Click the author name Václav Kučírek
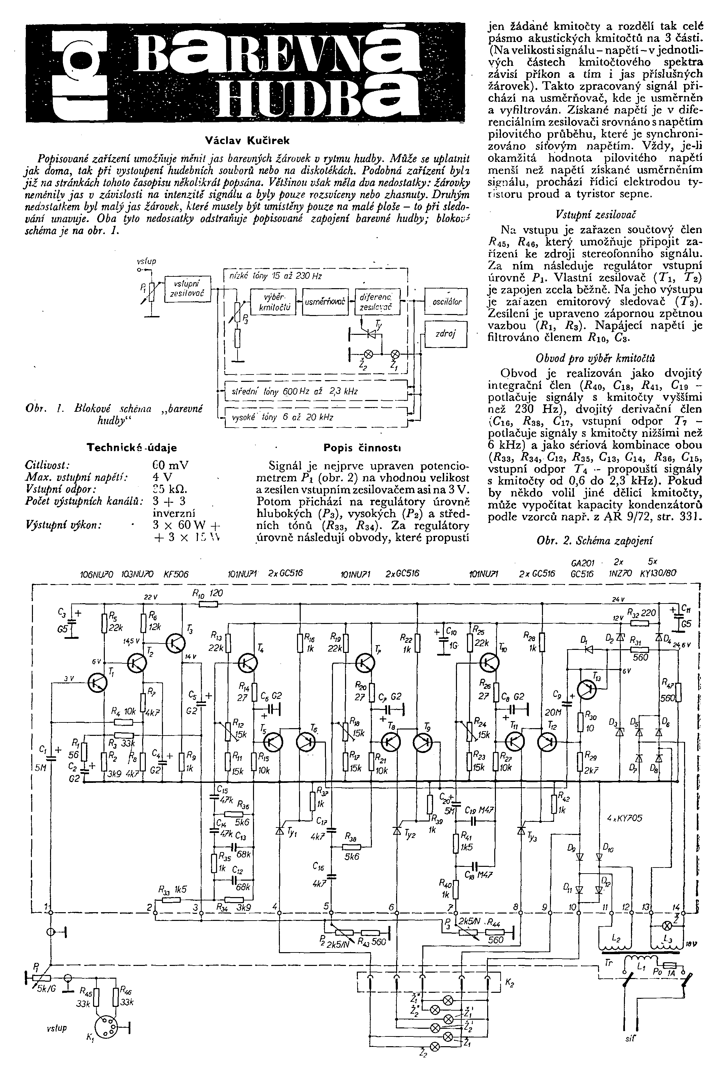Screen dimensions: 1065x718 click(x=247, y=140)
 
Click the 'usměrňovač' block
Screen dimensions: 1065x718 click(x=326, y=302)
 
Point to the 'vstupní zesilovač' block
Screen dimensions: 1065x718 click(x=188, y=289)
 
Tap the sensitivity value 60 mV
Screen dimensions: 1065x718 click(x=170, y=465)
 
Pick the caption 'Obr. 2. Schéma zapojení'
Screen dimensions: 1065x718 click(x=594, y=540)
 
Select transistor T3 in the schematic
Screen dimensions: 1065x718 click(x=175, y=642)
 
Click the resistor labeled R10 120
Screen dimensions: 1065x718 click(x=208, y=604)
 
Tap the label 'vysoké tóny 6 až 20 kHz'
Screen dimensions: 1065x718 click(x=283, y=417)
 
